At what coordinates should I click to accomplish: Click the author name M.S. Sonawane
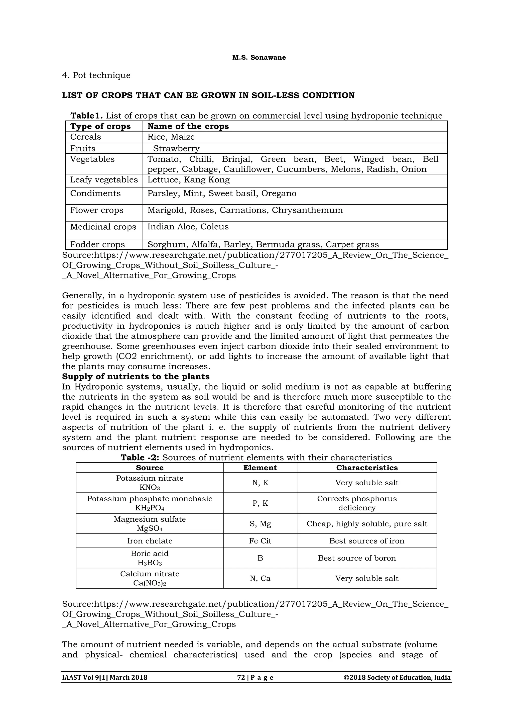click(259, 58)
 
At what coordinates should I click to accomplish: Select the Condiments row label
click(95, 194)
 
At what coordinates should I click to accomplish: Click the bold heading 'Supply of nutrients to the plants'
click(136, 377)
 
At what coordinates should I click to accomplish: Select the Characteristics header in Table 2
click(366, 468)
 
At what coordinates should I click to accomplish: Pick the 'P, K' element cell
click(260, 503)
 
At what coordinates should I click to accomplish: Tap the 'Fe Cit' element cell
click(260, 541)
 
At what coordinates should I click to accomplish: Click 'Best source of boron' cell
click(357, 558)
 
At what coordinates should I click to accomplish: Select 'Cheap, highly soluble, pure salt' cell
click(366, 524)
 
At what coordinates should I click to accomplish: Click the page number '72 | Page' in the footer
click(255, 678)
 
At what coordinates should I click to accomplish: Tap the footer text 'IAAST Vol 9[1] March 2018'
click(104, 678)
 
